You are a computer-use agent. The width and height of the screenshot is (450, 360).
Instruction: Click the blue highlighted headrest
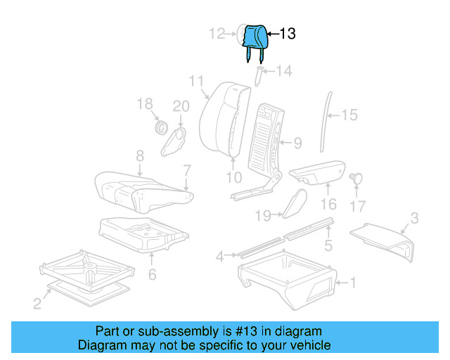[x=254, y=37]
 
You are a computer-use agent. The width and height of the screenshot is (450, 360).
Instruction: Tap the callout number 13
[x=288, y=34]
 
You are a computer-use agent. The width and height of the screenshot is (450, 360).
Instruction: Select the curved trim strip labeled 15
[x=323, y=120]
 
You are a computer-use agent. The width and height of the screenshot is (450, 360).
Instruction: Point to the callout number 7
[x=187, y=170]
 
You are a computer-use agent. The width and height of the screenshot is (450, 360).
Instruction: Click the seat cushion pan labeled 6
[x=141, y=233]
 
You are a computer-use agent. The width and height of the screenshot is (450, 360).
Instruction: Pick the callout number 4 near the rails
[x=220, y=257]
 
